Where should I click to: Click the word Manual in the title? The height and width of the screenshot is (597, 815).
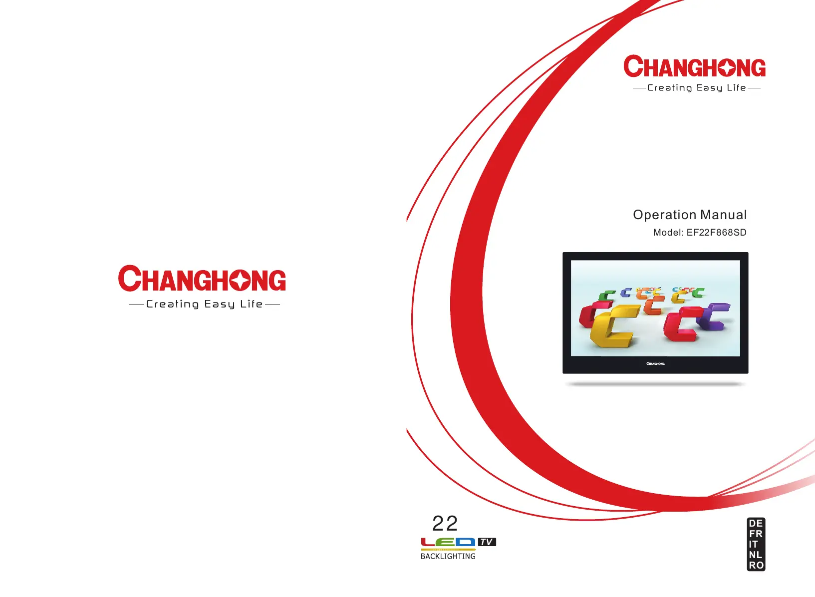coord(724,215)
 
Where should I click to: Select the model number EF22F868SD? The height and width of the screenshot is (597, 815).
coord(716,233)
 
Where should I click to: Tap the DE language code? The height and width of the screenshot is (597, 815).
coord(756,524)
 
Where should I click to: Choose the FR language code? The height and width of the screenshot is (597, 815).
coord(756,534)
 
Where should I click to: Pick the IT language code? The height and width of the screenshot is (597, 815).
coord(754,545)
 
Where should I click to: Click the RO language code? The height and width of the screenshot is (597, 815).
coord(756,566)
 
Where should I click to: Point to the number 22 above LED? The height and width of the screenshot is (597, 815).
coord(445,524)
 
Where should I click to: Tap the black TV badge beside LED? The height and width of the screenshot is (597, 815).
coord(487,542)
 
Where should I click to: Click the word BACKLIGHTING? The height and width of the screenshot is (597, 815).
coord(448,557)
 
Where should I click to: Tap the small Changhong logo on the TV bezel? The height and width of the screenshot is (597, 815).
coord(655,364)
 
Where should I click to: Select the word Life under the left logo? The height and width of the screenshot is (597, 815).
coord(252,304)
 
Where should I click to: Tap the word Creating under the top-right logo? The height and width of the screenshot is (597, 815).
coord(669,88)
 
